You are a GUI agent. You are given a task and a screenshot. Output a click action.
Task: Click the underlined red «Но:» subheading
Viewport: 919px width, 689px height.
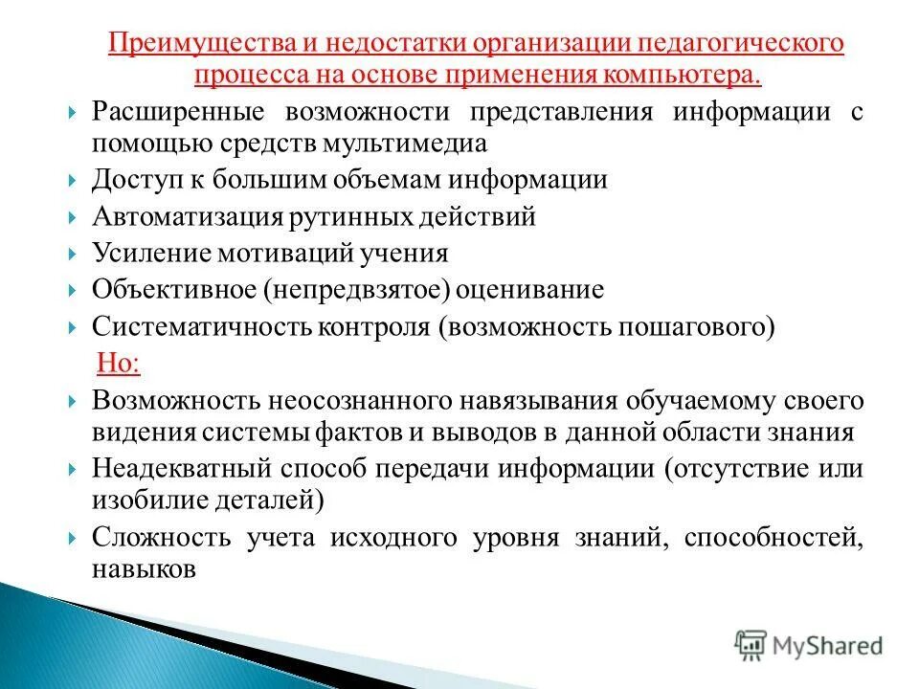tap(120, 363)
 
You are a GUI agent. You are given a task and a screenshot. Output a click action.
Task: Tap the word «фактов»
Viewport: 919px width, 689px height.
tap(351, 431)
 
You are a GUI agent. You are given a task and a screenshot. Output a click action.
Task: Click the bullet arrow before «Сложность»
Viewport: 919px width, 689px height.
tap(75, 538)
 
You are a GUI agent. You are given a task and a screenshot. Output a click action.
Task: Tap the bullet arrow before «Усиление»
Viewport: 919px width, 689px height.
tap(75, 254)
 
